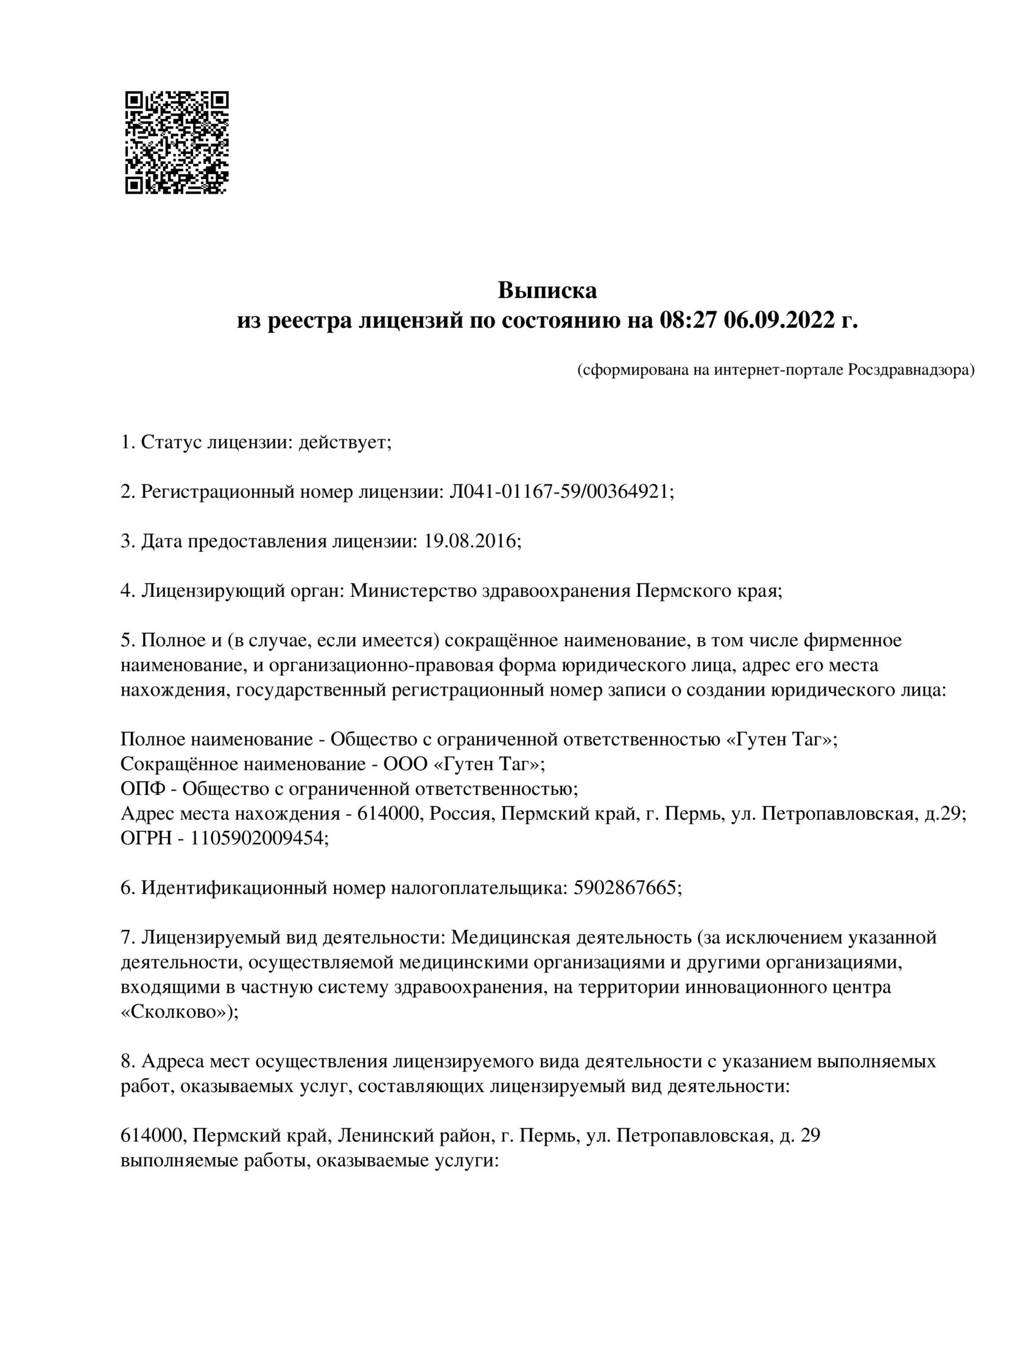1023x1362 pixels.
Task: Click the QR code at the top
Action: coord(177,143)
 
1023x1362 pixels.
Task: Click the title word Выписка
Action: coord(547,290)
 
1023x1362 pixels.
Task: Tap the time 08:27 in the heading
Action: coord(687,321)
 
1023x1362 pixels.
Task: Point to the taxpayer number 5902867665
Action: coord(625,888)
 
